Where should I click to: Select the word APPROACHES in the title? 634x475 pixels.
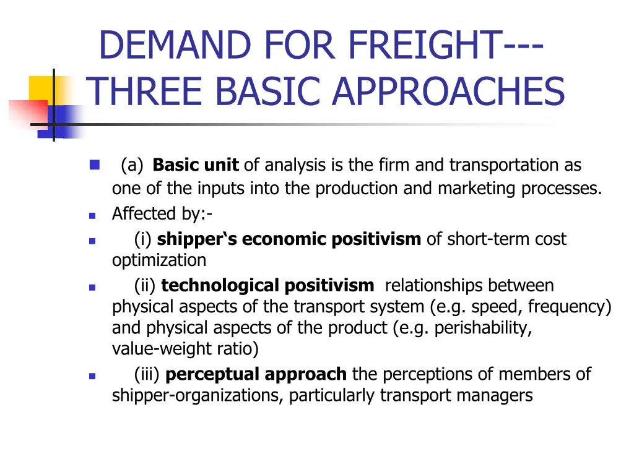point(448,91)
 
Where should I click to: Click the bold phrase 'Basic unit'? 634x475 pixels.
point(195,165)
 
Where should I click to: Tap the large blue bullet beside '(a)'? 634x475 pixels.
point(94,165)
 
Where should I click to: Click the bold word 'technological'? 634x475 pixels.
point(220,286)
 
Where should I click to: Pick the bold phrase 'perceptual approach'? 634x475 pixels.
point(256,374)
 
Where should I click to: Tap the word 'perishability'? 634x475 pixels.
point(482,328)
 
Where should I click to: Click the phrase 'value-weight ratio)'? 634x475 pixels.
point(185,349)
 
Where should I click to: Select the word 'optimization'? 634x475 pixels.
point(159,260)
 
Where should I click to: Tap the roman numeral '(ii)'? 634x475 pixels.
point(145,286)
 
